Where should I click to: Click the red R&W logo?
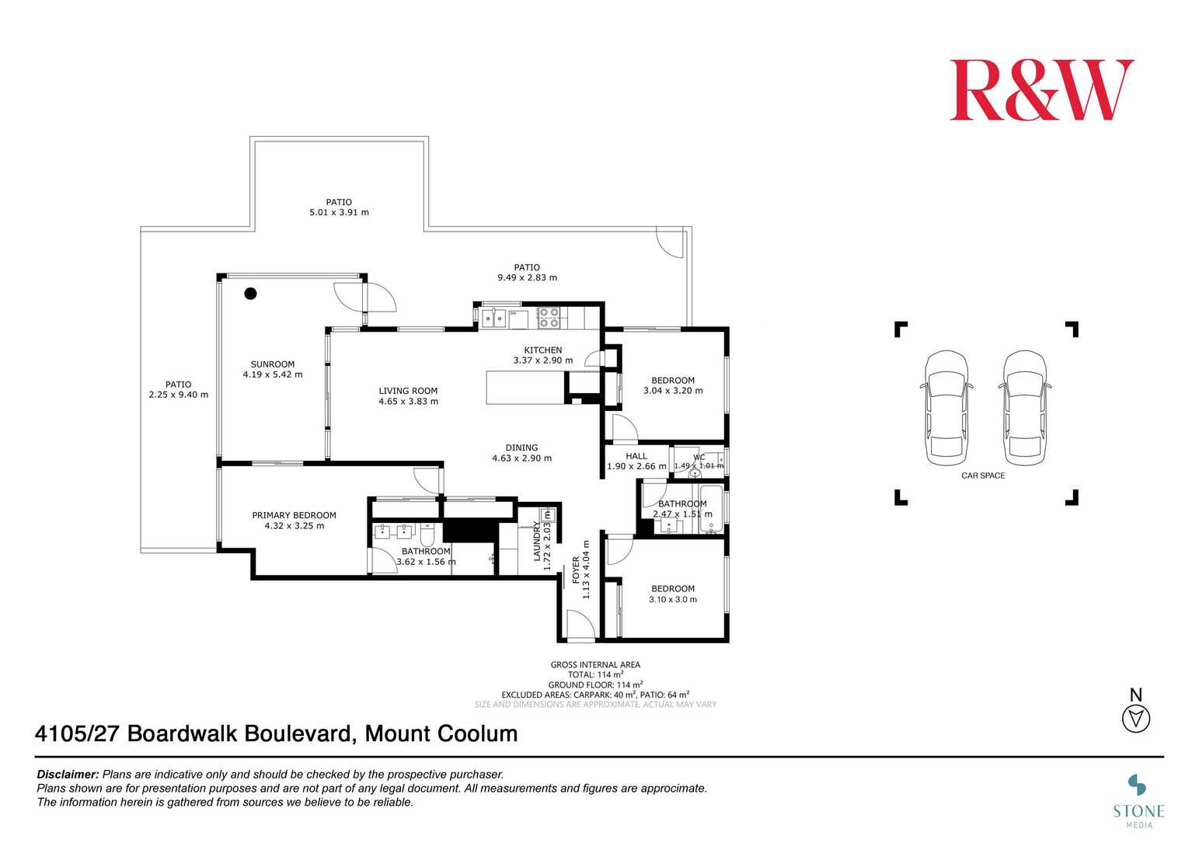(1041, 91)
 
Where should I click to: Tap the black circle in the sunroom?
(250, 294)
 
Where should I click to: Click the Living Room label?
(408, 391)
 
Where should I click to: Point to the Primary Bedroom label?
(294, 515)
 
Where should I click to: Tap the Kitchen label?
(542, 350)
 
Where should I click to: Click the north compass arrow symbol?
(1136, 719)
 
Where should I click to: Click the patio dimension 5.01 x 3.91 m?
(339, 212)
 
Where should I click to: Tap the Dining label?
(521, 448)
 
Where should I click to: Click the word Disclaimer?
(68, 775)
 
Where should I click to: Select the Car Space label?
(983, 475)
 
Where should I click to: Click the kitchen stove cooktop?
(549, 317)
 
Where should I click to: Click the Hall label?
(636, 456)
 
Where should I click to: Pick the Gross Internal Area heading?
(595, 664)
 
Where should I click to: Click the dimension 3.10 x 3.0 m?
(673, 600)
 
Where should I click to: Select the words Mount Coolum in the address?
(441, 733)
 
